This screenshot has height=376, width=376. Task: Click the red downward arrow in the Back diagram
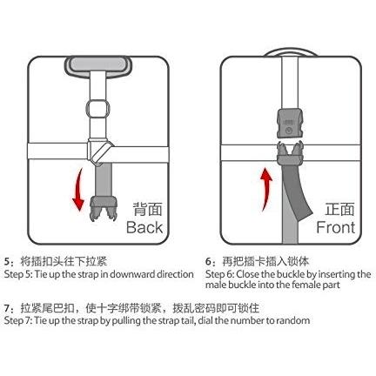pyautogui.click(x=77, y=190)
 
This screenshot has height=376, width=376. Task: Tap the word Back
pyautogui.click(x=144, y=227)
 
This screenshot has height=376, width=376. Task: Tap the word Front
pyautogui.click(x=336, y=227)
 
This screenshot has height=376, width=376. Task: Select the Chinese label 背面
pyautogui.click(x=147, y=209)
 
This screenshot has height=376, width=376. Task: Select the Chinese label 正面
pyautogui.click(x=339, y=209)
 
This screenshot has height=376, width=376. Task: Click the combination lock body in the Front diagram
pyautogui.click(x=289, y=123)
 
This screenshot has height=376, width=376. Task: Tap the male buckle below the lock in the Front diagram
pyautogui.click(x=289, y=153)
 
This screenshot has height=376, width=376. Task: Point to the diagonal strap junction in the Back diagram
pyautogui.click(x=99, y=151)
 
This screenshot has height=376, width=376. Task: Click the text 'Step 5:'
pyautogui.click(x=18, y=274)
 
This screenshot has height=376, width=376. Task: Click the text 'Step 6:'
pyautogui.click(x=220, y=274)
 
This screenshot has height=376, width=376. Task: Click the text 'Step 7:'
pyautogui.click(x=18, y=320)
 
